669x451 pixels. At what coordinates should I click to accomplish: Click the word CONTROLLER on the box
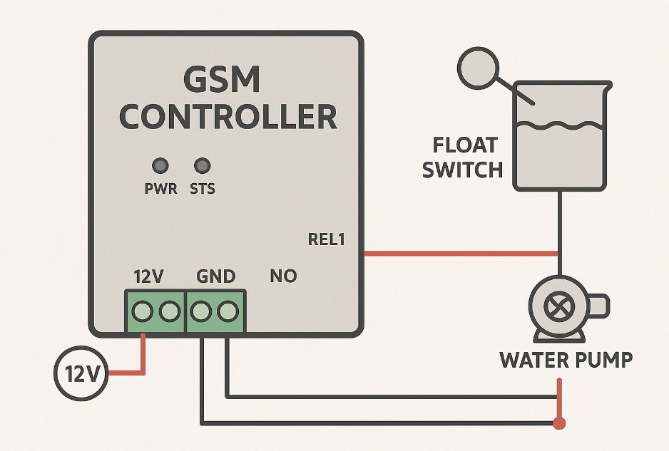pos(228,117)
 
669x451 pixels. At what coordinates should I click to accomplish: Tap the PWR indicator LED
pos(160,166)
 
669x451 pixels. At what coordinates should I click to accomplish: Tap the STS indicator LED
pos(203,166)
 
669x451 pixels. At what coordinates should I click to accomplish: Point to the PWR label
pos(160,190)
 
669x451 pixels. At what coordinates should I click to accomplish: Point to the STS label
pos(203,190)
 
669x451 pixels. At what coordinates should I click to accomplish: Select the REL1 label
pos(327,240)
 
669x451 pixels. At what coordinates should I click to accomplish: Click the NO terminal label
pos(283,276)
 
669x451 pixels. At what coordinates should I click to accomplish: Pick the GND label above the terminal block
pos(215,276)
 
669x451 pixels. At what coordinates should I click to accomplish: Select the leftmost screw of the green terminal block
pos(143,311)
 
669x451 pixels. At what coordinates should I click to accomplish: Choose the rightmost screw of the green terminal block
pos(228,311)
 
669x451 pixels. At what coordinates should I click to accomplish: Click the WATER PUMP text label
pos(566,360)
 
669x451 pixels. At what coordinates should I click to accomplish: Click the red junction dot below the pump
pos(560,424)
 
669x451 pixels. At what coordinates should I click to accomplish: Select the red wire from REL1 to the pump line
pos(460,253)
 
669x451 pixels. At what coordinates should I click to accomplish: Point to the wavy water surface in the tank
pos(560,128)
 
